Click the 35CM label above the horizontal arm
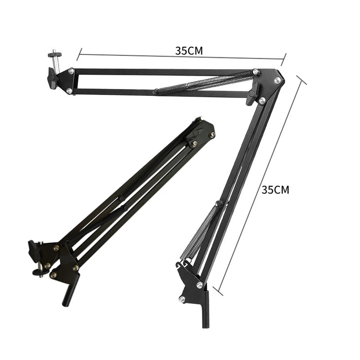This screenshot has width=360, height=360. click(189, 51)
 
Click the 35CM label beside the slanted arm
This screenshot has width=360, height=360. click(275, 190)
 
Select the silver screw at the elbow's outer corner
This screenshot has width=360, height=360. click(278, 80)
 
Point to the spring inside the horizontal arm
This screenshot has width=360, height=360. click(205, 83)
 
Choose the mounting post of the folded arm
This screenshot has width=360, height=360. click(70, 290)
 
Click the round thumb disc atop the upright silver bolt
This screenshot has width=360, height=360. click(55, 54)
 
